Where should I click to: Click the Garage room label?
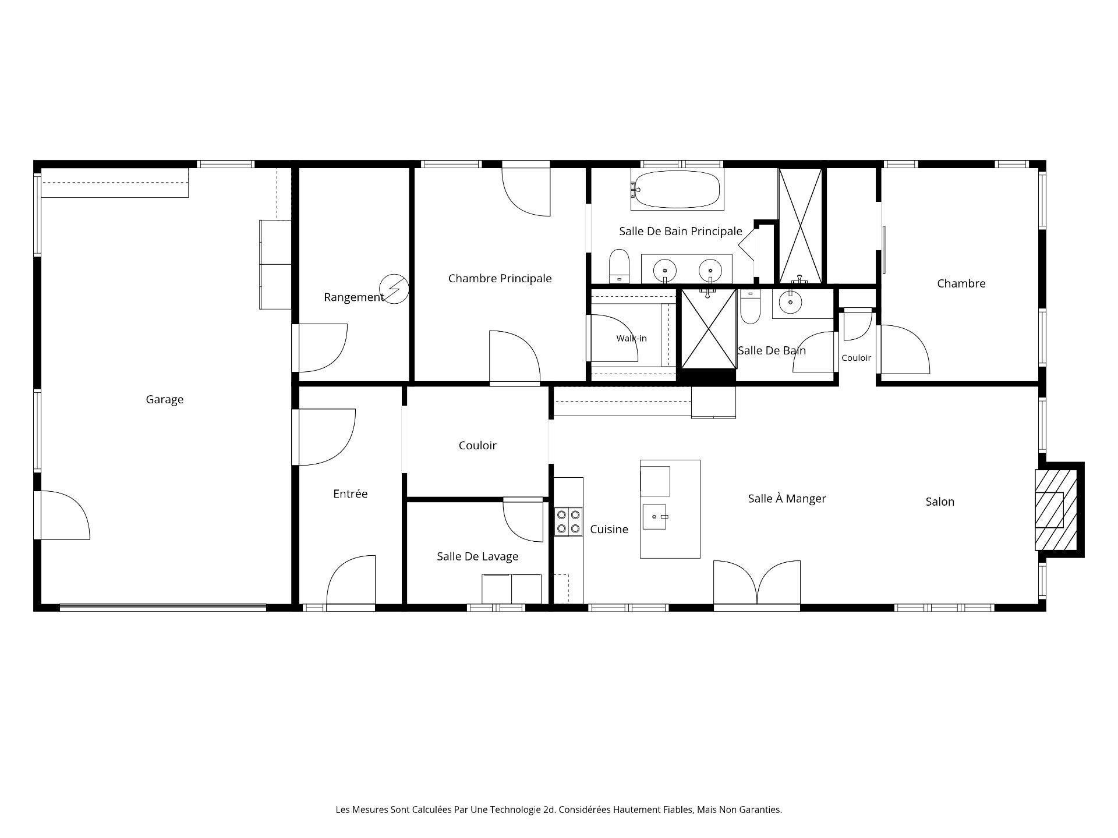tap(164, 400)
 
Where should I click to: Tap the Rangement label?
tap(353, 297)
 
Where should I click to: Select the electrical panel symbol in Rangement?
tap(394, 289)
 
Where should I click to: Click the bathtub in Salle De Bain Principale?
tap(677, 189)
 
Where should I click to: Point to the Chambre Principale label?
tap(500, 279)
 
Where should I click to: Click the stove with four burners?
tap(568, 521)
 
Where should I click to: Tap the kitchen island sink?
tap(654, 517)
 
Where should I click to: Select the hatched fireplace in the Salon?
tap(1056, 510)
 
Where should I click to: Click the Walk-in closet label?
tap(631, 339)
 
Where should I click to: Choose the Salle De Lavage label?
tap(477, 557)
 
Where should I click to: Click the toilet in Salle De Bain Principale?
tap(620, 266)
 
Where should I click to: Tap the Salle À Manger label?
tap(787, 499)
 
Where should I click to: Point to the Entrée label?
tap(350, 494)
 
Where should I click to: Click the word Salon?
tap(940, 502)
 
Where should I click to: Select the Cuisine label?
tap(609, 530)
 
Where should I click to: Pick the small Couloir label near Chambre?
tap(856, 358)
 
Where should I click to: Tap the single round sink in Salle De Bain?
tap(790, 302)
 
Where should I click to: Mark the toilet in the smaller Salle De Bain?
tap(750, 306)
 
